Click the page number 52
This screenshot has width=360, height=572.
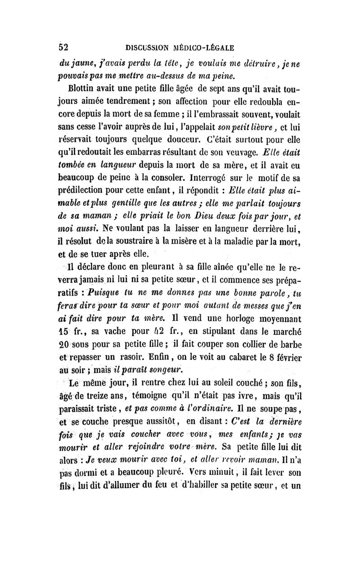click(63, 47)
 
